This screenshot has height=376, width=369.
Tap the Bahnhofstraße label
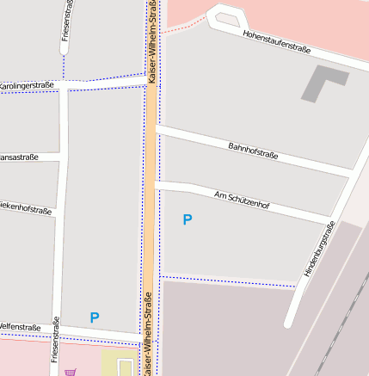click(x=253, y=151)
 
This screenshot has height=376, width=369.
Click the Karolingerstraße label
click(x=26, y=85)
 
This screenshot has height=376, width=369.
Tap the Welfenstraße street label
click(x=20, y=327)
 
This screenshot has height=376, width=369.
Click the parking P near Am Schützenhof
click(x=188, y=219)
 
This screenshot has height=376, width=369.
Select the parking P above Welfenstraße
click(x=95, y=317)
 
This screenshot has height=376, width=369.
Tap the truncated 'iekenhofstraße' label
click(x=26, y=207)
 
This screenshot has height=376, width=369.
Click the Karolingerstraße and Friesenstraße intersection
click(x=67, y=86)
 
